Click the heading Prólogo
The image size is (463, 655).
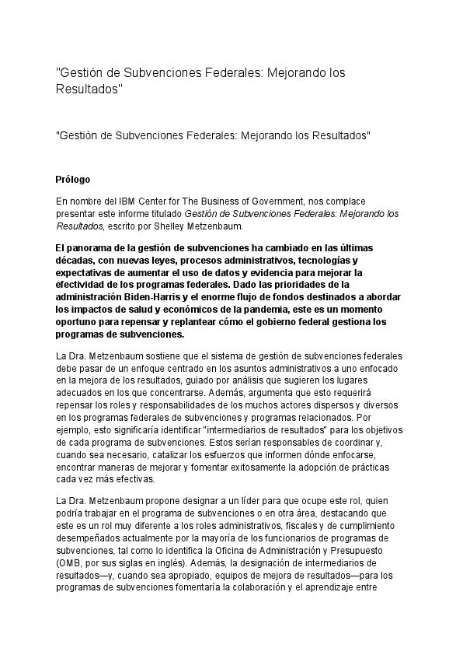[x=73, y=178]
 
